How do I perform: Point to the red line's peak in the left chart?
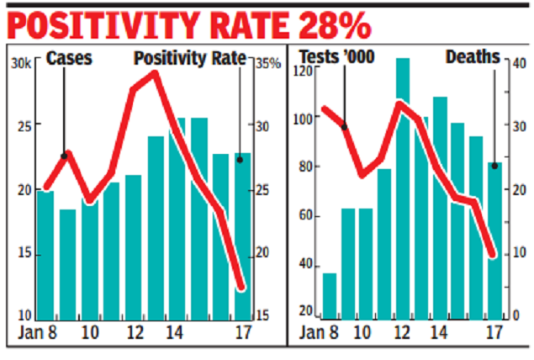coord(154,73)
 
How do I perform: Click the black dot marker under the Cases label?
coord(66,154)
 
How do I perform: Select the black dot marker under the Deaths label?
coord(494,166)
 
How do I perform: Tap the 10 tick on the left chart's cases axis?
coord(24,314)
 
